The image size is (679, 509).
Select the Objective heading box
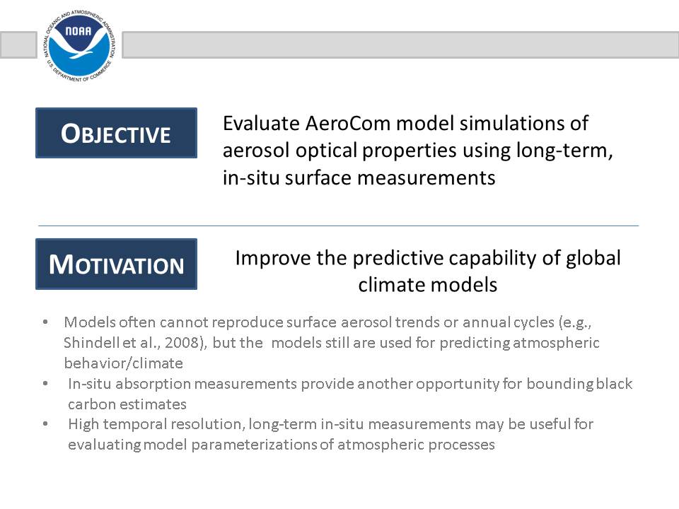pyautogui.click(x=116, y=133)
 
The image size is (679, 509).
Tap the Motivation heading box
pyautogui.click(x=116, y=264)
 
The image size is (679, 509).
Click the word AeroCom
pyautogui.click(x=348, y=123)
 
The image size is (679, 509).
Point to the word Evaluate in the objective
pyautogui.click(x=261, y=123)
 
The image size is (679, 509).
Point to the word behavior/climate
pyautogui.click(x=123, y=363)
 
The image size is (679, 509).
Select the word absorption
pyautogui.click(x=153, y=384)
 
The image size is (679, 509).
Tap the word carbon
pyautogui.click(x=91, y=404)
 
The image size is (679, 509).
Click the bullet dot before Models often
pyautogui.click(x=45, y=322)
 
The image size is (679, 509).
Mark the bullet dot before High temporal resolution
pyautogui.click(x=45, y=424)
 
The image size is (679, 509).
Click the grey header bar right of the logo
pyautogui.click(x=400, y=45)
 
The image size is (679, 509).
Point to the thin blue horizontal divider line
pyautogui.click(x=338, y=226)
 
